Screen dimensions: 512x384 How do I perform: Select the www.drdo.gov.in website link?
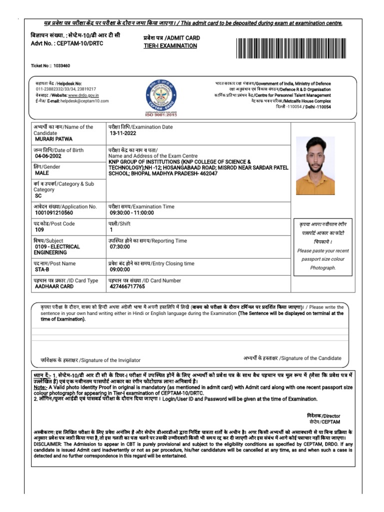[x=83, y=95]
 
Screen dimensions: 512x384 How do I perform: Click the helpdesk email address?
[x=84, y=100]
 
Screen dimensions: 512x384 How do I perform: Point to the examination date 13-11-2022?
[x=123, y=133]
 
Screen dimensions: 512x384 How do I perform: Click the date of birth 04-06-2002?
[x=48, y=156]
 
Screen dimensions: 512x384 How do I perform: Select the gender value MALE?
[x=42, y=173]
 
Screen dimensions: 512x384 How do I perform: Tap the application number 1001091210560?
[x=58, y=213]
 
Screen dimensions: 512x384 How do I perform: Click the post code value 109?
[x=39, y=230]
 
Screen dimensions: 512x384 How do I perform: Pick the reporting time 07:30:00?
[x=120, y=246]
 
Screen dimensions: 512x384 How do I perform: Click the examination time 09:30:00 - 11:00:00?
[x=132, y=213]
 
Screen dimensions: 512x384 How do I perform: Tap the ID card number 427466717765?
[x=127, y=287]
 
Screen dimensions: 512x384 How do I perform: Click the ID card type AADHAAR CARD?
[x=54, y=287]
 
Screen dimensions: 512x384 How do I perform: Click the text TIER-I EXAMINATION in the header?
[x=170, y=46]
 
